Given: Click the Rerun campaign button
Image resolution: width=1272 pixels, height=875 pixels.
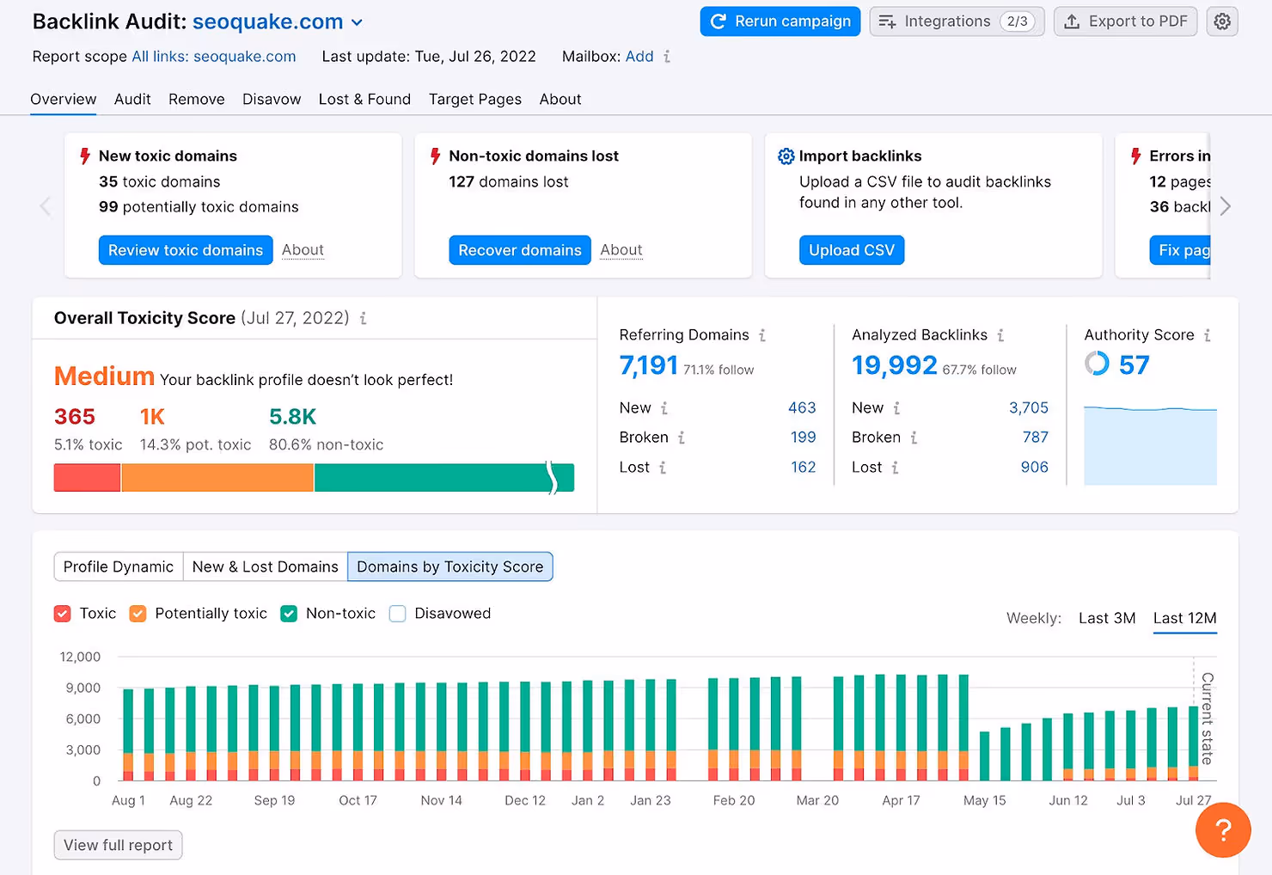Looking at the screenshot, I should (780, 21).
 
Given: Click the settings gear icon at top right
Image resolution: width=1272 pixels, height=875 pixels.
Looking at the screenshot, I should (1222, 21).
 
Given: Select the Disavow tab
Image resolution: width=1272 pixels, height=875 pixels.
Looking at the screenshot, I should (272, 100).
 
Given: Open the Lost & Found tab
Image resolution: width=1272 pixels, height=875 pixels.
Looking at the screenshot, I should (364, 100).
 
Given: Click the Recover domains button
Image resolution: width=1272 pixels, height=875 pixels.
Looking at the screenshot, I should (519, 250).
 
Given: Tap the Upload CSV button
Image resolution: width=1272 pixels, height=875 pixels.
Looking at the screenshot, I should (851, 250).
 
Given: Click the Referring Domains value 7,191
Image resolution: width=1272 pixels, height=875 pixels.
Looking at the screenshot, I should (649, 366).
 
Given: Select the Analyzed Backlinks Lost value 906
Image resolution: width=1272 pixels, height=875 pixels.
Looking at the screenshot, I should (1034, 468).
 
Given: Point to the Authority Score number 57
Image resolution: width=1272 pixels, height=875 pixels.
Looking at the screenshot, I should (1134, 365).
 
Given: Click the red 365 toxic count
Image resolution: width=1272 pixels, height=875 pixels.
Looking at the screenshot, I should (75, 417).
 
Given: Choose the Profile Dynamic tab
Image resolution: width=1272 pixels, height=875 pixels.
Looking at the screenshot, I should (119, 567).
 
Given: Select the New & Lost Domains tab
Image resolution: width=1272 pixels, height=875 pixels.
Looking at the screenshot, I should (265, 567).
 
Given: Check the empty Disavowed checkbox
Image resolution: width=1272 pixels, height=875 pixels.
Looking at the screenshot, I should (397, 614).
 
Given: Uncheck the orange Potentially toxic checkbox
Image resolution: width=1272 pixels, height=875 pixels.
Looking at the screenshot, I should (138, 614).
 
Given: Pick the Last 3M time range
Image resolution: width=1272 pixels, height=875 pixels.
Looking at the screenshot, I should (1107, 619).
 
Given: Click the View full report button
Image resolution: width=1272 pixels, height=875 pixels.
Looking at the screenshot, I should (118, 845).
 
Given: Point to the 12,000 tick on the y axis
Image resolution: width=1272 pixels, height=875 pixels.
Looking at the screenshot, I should (80, 658).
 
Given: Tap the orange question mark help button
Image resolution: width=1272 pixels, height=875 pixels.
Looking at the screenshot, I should (1222, 830).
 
